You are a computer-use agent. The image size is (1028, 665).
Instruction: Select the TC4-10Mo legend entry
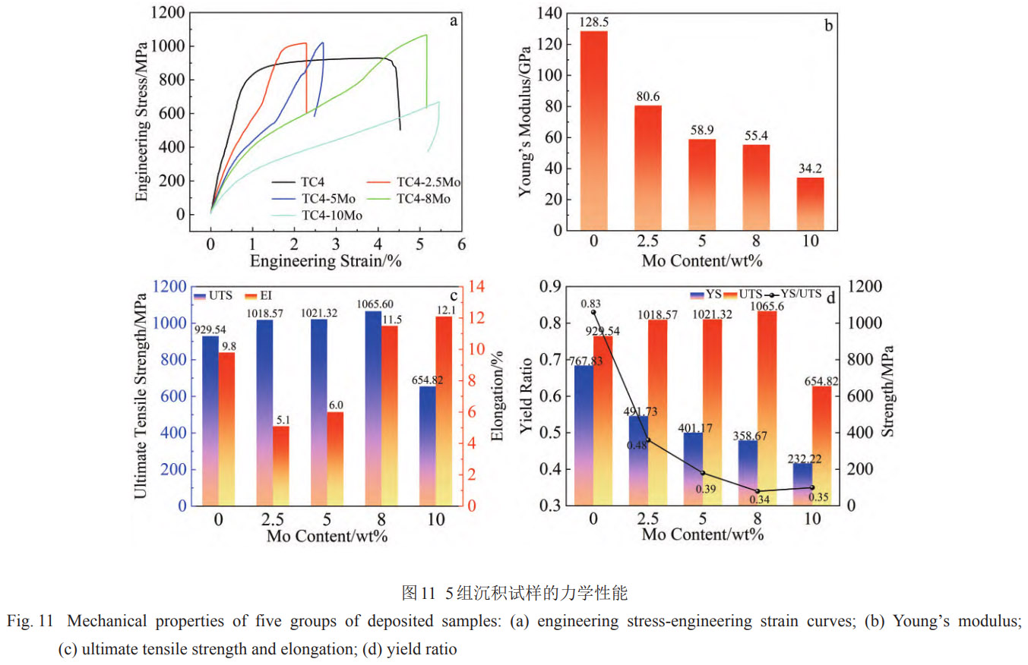tap(331, 215)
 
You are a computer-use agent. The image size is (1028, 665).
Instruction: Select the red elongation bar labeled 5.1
tap(280, 465)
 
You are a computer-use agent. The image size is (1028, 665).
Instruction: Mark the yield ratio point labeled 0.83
tap(593, 312)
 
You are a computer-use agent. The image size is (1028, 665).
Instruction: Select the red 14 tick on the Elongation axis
tap(478, 287)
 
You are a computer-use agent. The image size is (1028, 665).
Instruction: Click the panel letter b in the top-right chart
tap(828, 26)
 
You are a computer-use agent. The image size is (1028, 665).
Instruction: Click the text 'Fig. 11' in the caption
tap(30, 621)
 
